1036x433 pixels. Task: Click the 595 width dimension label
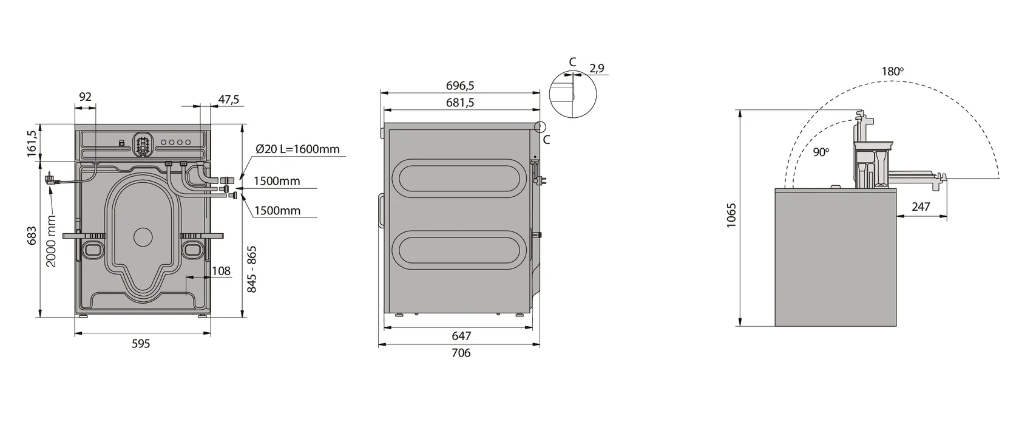tap(141, 344)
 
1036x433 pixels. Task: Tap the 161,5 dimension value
tap(32, 143)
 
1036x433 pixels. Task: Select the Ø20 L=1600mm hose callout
tap(297, 149)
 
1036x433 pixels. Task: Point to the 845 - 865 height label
tap(251, 269)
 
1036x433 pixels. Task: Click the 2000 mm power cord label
tap(51, 241)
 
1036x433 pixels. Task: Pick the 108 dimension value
tap(221, 271)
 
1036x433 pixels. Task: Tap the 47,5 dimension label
tap(228, 100)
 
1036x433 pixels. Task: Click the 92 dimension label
tap(85, 97)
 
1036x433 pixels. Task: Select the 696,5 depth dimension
tap(460, 86)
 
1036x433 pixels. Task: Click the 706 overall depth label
tap(461, 353)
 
